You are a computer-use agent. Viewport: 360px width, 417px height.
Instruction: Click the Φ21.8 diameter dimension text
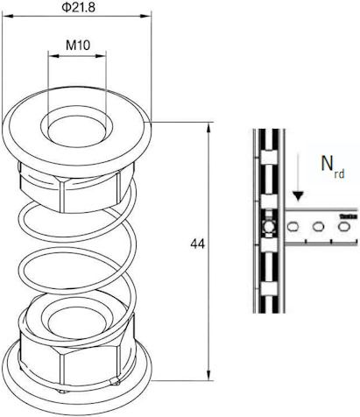pyautogui.click(x=78, y=7)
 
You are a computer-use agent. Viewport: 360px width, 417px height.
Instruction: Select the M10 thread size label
pyautogui.click(x=78, y=46)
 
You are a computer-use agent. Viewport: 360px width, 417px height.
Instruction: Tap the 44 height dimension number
pyautogui.click(x=198, y=244)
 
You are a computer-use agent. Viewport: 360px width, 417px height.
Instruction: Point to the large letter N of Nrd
pyautogui.click(x=327, y=163)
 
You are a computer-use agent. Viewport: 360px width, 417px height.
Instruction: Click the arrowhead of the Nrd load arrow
pyautogui.click(x=299, y=196)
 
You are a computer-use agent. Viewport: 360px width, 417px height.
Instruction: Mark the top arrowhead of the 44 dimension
pyautogui.click(x=208, y=128)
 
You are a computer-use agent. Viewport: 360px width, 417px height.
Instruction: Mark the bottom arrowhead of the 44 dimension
pyautogui.click(x=208, y=375)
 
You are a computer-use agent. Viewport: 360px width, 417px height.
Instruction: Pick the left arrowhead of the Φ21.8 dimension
pyautogui.click(x=8, y=16)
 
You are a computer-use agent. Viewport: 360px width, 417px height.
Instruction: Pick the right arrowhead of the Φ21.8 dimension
pyautogui.click(x=145, y=16)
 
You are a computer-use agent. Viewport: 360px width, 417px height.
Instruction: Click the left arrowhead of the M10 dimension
pyautogui.click(x=53, y=55)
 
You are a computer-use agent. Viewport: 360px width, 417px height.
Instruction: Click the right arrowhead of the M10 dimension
pyautogui.click(x=100, y=55)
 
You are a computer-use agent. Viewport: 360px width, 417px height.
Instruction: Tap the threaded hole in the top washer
pyautogui.click(x=76, y=131)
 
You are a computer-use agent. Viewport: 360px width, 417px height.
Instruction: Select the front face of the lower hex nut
pyautogui.click(x=90, y=365)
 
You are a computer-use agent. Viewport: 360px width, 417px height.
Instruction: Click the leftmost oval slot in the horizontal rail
pyautogui.click(x=293, y=226)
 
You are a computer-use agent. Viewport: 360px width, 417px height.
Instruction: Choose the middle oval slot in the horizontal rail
pyautogui.click(x=318, y=226)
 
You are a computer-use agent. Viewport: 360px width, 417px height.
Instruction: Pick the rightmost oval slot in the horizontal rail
pyautogui.click(x=343, y=226)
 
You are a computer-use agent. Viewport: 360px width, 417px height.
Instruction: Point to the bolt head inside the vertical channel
pyautogui.click(x=269, y=226)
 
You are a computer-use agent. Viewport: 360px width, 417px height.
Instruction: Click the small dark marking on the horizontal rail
pyautogui.click(x=349, y=216)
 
